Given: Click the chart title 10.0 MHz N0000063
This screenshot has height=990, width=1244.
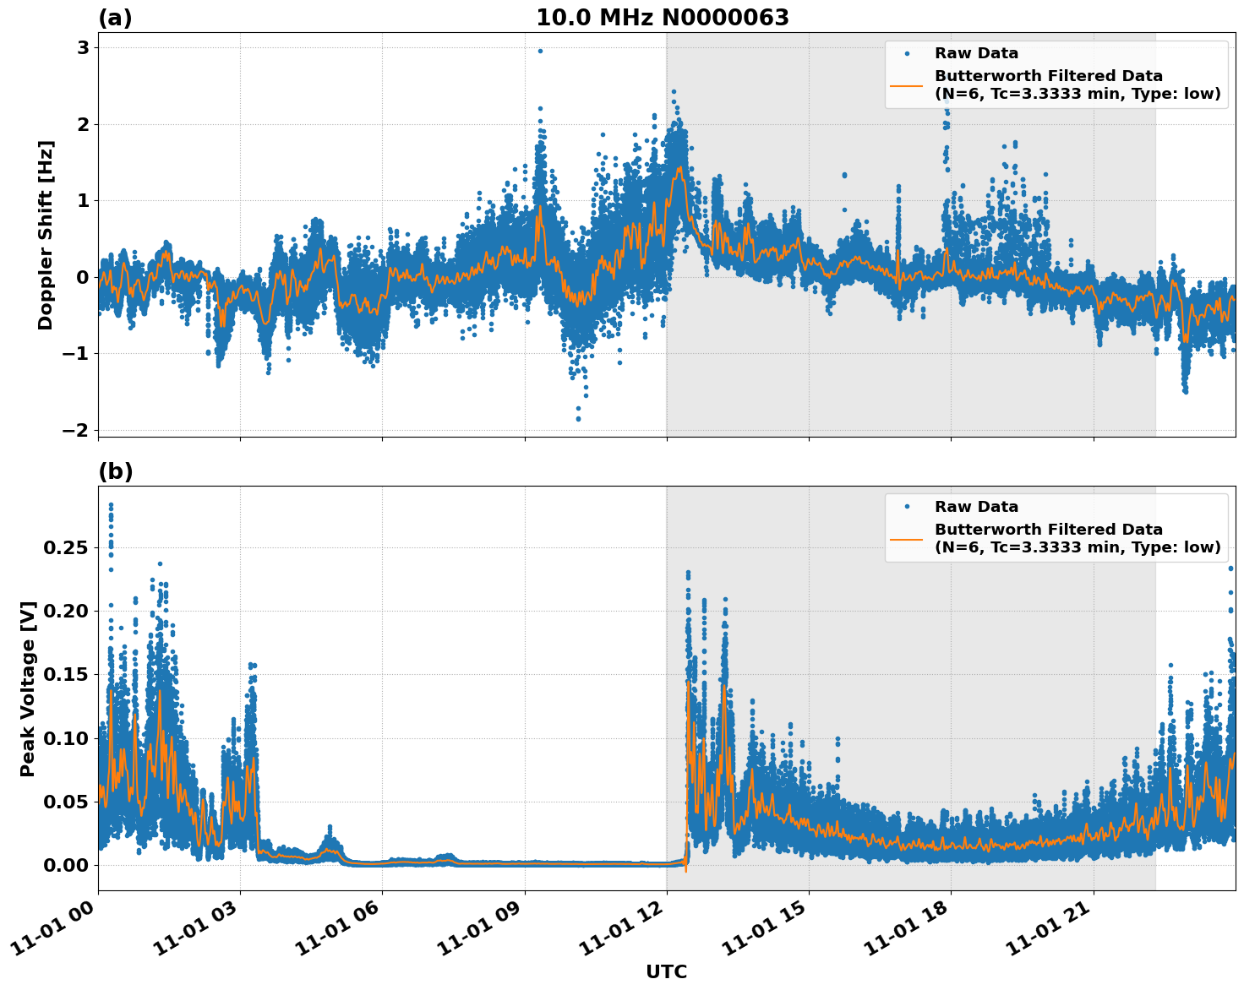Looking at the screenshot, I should (x=662, y=18).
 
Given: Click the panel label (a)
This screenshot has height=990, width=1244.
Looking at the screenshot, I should (x=115, y=18).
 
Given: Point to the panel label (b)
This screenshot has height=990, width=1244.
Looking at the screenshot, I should (x=115, y=471).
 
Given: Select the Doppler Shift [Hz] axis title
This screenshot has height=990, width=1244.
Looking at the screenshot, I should (x=46, y=235).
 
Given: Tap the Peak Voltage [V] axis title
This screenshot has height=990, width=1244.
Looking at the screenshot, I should (x=28, y=688).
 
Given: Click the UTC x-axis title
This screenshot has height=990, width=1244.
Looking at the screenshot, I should (x=666, y=971).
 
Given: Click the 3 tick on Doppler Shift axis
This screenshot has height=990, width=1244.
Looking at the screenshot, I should (x=83, y=48).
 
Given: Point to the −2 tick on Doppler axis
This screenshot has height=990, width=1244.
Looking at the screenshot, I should (x=76, y=430).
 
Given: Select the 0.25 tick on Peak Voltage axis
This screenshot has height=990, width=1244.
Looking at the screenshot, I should (x=65, y=547).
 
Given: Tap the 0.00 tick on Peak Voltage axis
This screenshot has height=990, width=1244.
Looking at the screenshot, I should (x=65, y=865).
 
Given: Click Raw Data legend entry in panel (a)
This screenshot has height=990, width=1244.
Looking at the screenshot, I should (x=976, y=53).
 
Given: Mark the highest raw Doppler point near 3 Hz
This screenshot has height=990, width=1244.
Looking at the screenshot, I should (x=540, y=51).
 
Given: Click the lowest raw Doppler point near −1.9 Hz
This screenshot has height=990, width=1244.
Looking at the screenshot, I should (x=578, y=419).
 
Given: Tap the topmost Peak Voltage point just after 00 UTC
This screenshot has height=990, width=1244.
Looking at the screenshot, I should (x=111, y=505).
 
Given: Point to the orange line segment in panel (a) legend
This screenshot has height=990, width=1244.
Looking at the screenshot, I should (x=907, y=84).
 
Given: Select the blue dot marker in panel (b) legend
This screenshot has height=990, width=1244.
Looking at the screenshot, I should (x=907, y=507).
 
